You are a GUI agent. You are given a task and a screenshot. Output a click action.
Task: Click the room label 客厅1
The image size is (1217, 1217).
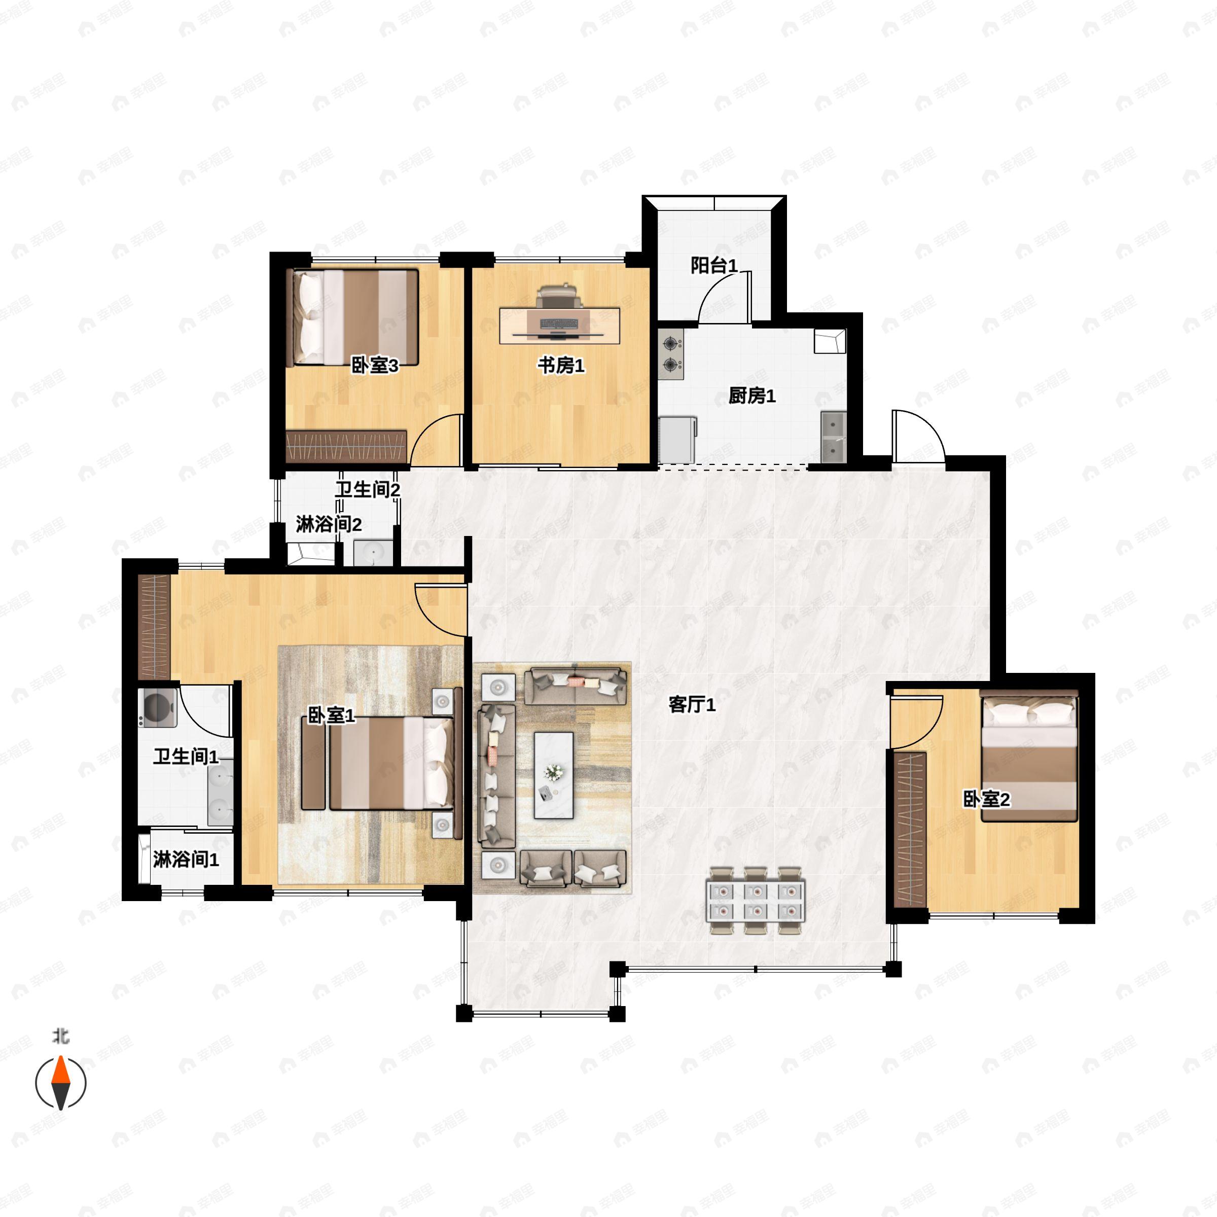coord(692,705)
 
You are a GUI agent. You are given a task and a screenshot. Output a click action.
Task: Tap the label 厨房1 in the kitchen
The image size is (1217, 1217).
coord(751,396)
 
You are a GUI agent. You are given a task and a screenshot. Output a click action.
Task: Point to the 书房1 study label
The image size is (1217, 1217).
coord(561,365)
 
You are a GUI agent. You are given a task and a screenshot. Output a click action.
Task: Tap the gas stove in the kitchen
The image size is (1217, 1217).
coord(671,353)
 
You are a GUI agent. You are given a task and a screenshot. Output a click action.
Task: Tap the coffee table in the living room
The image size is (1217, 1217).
coord(554,775)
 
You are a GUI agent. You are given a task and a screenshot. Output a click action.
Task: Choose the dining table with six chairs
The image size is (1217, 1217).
coord(755,901)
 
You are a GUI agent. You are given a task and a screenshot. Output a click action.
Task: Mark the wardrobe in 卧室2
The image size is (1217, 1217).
coord(910,829)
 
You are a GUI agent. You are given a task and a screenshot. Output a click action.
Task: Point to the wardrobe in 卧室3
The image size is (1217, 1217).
coord(346,446)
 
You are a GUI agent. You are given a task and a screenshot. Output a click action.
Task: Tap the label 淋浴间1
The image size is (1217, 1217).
coord(186,860)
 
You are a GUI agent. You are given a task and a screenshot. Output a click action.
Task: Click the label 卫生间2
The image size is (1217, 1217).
coord(367,489)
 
